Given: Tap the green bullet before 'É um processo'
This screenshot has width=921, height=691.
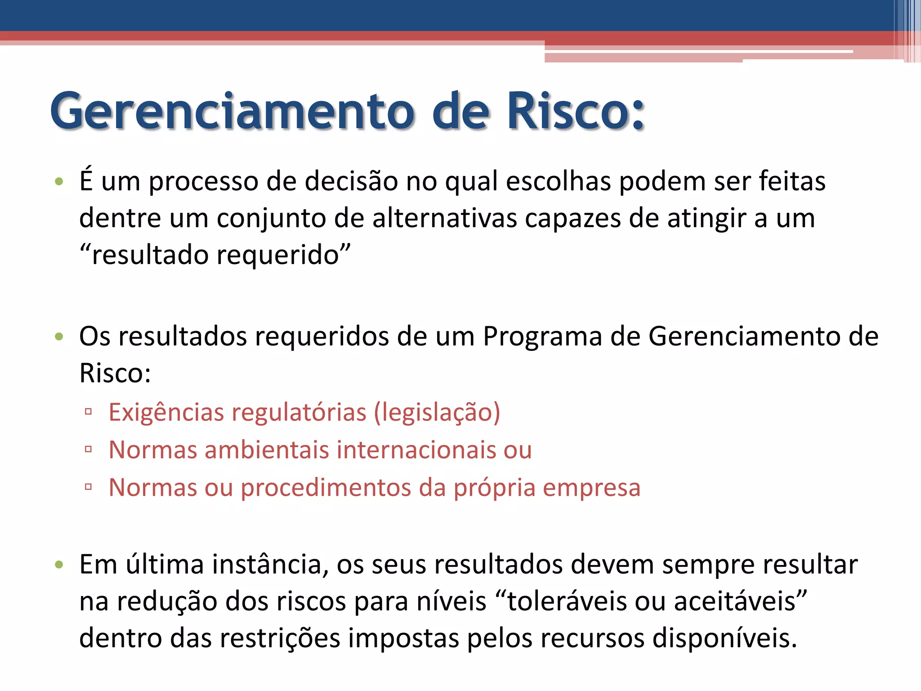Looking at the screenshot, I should (x=59, y=182).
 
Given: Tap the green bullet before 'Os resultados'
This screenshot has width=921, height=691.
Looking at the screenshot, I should (x=59, y=337).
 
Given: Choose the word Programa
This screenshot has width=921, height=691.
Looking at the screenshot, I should (x=542, y=337).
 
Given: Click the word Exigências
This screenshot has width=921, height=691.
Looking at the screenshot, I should (x=166, y=413).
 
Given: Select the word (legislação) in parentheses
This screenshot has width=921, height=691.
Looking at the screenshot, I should (x=437, y=413).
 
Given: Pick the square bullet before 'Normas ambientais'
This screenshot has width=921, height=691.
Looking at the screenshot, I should (x=88, y=449).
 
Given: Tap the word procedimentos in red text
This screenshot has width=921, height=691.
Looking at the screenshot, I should (x=326, y=488).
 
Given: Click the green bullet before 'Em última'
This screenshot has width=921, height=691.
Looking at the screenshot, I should (x=59, y=565).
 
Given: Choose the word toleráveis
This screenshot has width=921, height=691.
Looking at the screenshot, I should (x=567, y=601).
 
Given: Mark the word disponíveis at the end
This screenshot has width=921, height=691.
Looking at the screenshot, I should (x=724, y=638).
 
